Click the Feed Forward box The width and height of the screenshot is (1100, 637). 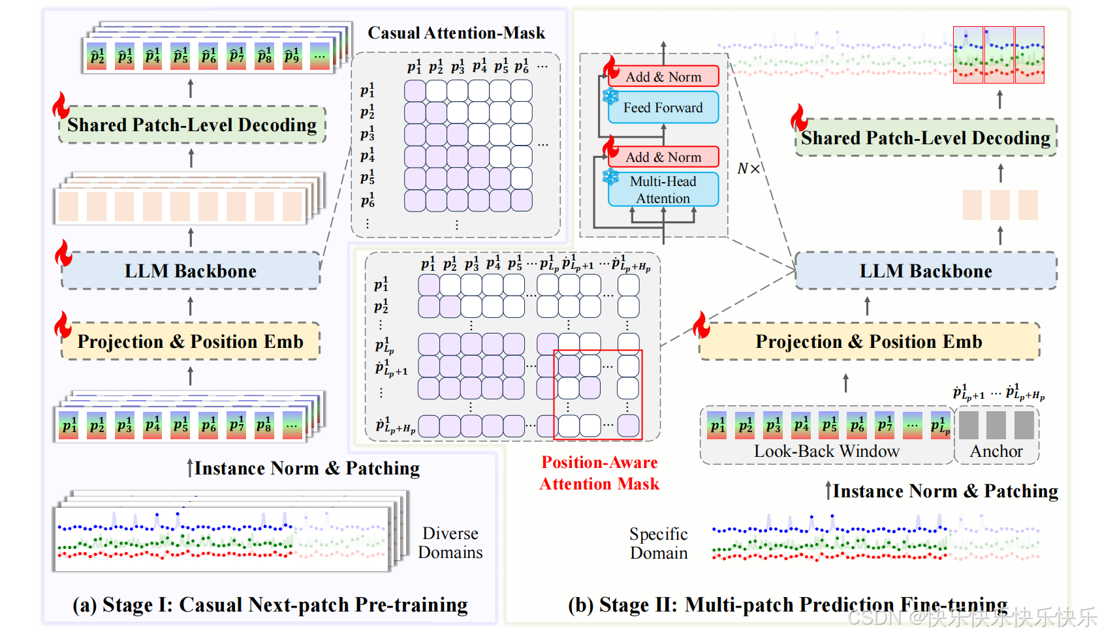click(x=663, y=108)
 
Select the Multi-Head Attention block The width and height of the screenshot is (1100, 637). click(x=663, y=189)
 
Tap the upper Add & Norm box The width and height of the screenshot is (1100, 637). click(x=663, y=76)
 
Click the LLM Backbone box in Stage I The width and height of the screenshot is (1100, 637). click(x=191, y=271)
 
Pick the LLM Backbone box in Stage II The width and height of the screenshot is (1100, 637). click(x=925, y=271)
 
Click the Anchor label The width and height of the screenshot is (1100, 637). click(x=996, y=451)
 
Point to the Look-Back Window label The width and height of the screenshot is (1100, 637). click(x=826, y=451)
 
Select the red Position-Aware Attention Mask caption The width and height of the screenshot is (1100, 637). click(x=599, y=473)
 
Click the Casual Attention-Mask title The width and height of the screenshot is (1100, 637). click(x=456, y=33)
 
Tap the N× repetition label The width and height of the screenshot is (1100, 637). click(x=748, y=169)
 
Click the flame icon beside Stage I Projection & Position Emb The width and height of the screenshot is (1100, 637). click(x=63, y=324)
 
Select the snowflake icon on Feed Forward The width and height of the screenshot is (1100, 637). click(x=610, y=97)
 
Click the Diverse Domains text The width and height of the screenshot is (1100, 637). click(x=450, y=543)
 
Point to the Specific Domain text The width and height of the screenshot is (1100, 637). click(x=659, y=544)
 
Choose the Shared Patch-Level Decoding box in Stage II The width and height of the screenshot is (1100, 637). click(x=925, y=138)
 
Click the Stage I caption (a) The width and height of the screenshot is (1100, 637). click(x=270, y=605)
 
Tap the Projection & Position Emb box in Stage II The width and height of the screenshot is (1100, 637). click(x=868, y=341)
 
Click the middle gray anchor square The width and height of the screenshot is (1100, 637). click(x=996, y=425)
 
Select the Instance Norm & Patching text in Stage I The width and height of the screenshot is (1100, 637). click(x=307, y=468)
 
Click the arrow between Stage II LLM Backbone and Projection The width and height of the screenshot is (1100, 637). click(x=867, y=305)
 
